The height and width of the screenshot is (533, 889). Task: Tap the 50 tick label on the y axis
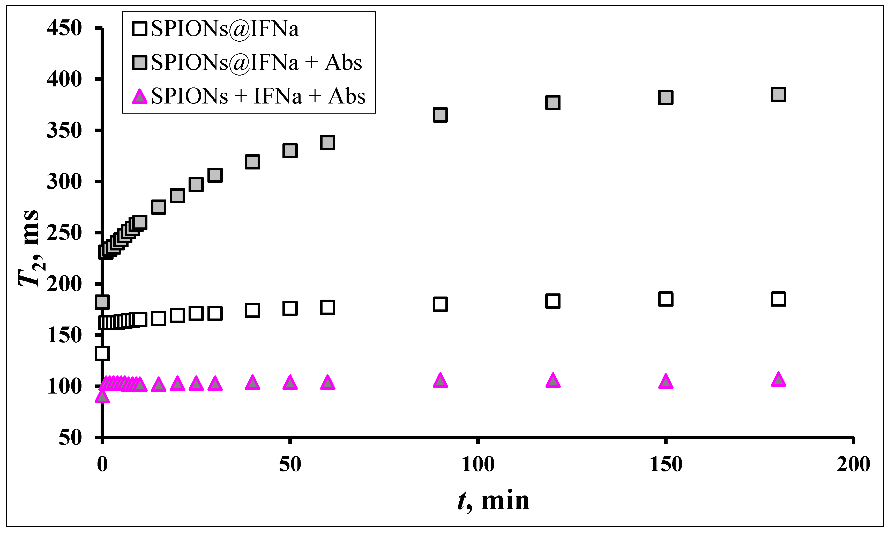click(70, 438)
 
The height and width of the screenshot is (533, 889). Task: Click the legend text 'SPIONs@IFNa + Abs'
click(256, 63)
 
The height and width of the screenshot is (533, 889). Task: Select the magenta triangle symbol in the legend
click(140, 97)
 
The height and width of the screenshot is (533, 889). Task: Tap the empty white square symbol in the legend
click(140, 29)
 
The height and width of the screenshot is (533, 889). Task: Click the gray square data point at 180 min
click(778, 94)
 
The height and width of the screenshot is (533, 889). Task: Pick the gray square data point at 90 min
click(440, 115)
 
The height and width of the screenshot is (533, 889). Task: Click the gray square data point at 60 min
click(327, 143)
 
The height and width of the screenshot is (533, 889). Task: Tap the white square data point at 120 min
click(552, 301)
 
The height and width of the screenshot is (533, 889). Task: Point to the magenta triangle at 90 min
click(440, 380)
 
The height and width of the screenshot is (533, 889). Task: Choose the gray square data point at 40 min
click(252, 162)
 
